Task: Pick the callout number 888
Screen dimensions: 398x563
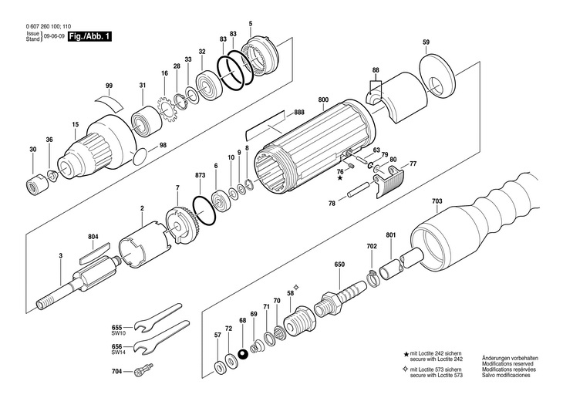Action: point(298,114)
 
